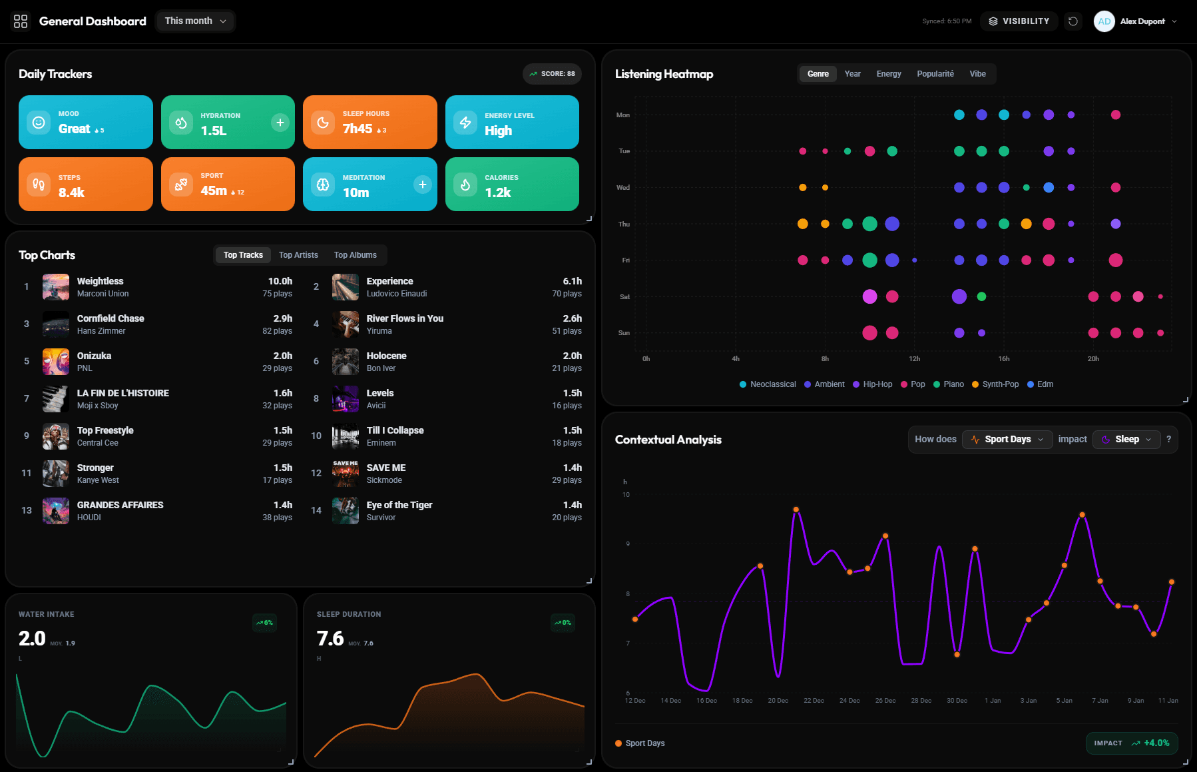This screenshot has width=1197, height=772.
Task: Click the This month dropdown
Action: point(195,21)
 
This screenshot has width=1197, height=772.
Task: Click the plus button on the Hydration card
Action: point(280,123)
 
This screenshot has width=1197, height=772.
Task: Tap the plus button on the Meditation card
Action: point(422,185)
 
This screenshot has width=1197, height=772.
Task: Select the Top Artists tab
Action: point(298,255)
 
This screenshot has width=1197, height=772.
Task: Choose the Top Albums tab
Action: point(355,255)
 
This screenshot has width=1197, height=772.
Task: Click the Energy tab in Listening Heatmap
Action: point(888,74)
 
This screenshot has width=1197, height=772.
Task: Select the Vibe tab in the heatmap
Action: point(977,74)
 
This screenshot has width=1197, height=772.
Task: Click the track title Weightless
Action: point(100,281)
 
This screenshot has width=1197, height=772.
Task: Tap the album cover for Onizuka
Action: point(56,362)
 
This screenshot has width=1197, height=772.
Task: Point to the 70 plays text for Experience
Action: point(567,294)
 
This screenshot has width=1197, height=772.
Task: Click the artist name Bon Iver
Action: point(381,368)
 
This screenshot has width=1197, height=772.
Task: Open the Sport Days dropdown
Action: point(1007,440)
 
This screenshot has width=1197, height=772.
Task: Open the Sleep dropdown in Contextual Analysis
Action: point(1126,440)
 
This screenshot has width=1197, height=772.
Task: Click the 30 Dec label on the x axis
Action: point(957,701)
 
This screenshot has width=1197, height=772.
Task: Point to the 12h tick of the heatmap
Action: point(915,359)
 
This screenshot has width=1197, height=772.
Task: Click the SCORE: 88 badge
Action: point(552,74)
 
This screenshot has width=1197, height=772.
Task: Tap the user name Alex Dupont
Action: point(1142,21)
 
